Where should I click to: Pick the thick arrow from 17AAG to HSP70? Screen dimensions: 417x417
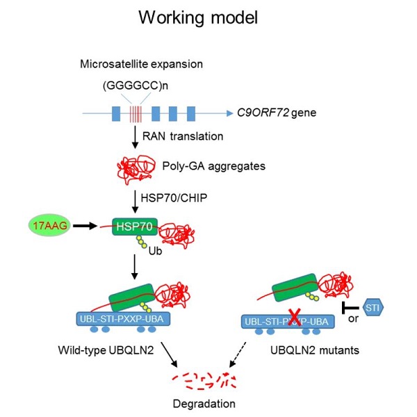point(86,227)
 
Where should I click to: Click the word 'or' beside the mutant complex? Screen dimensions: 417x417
point(354,319)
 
